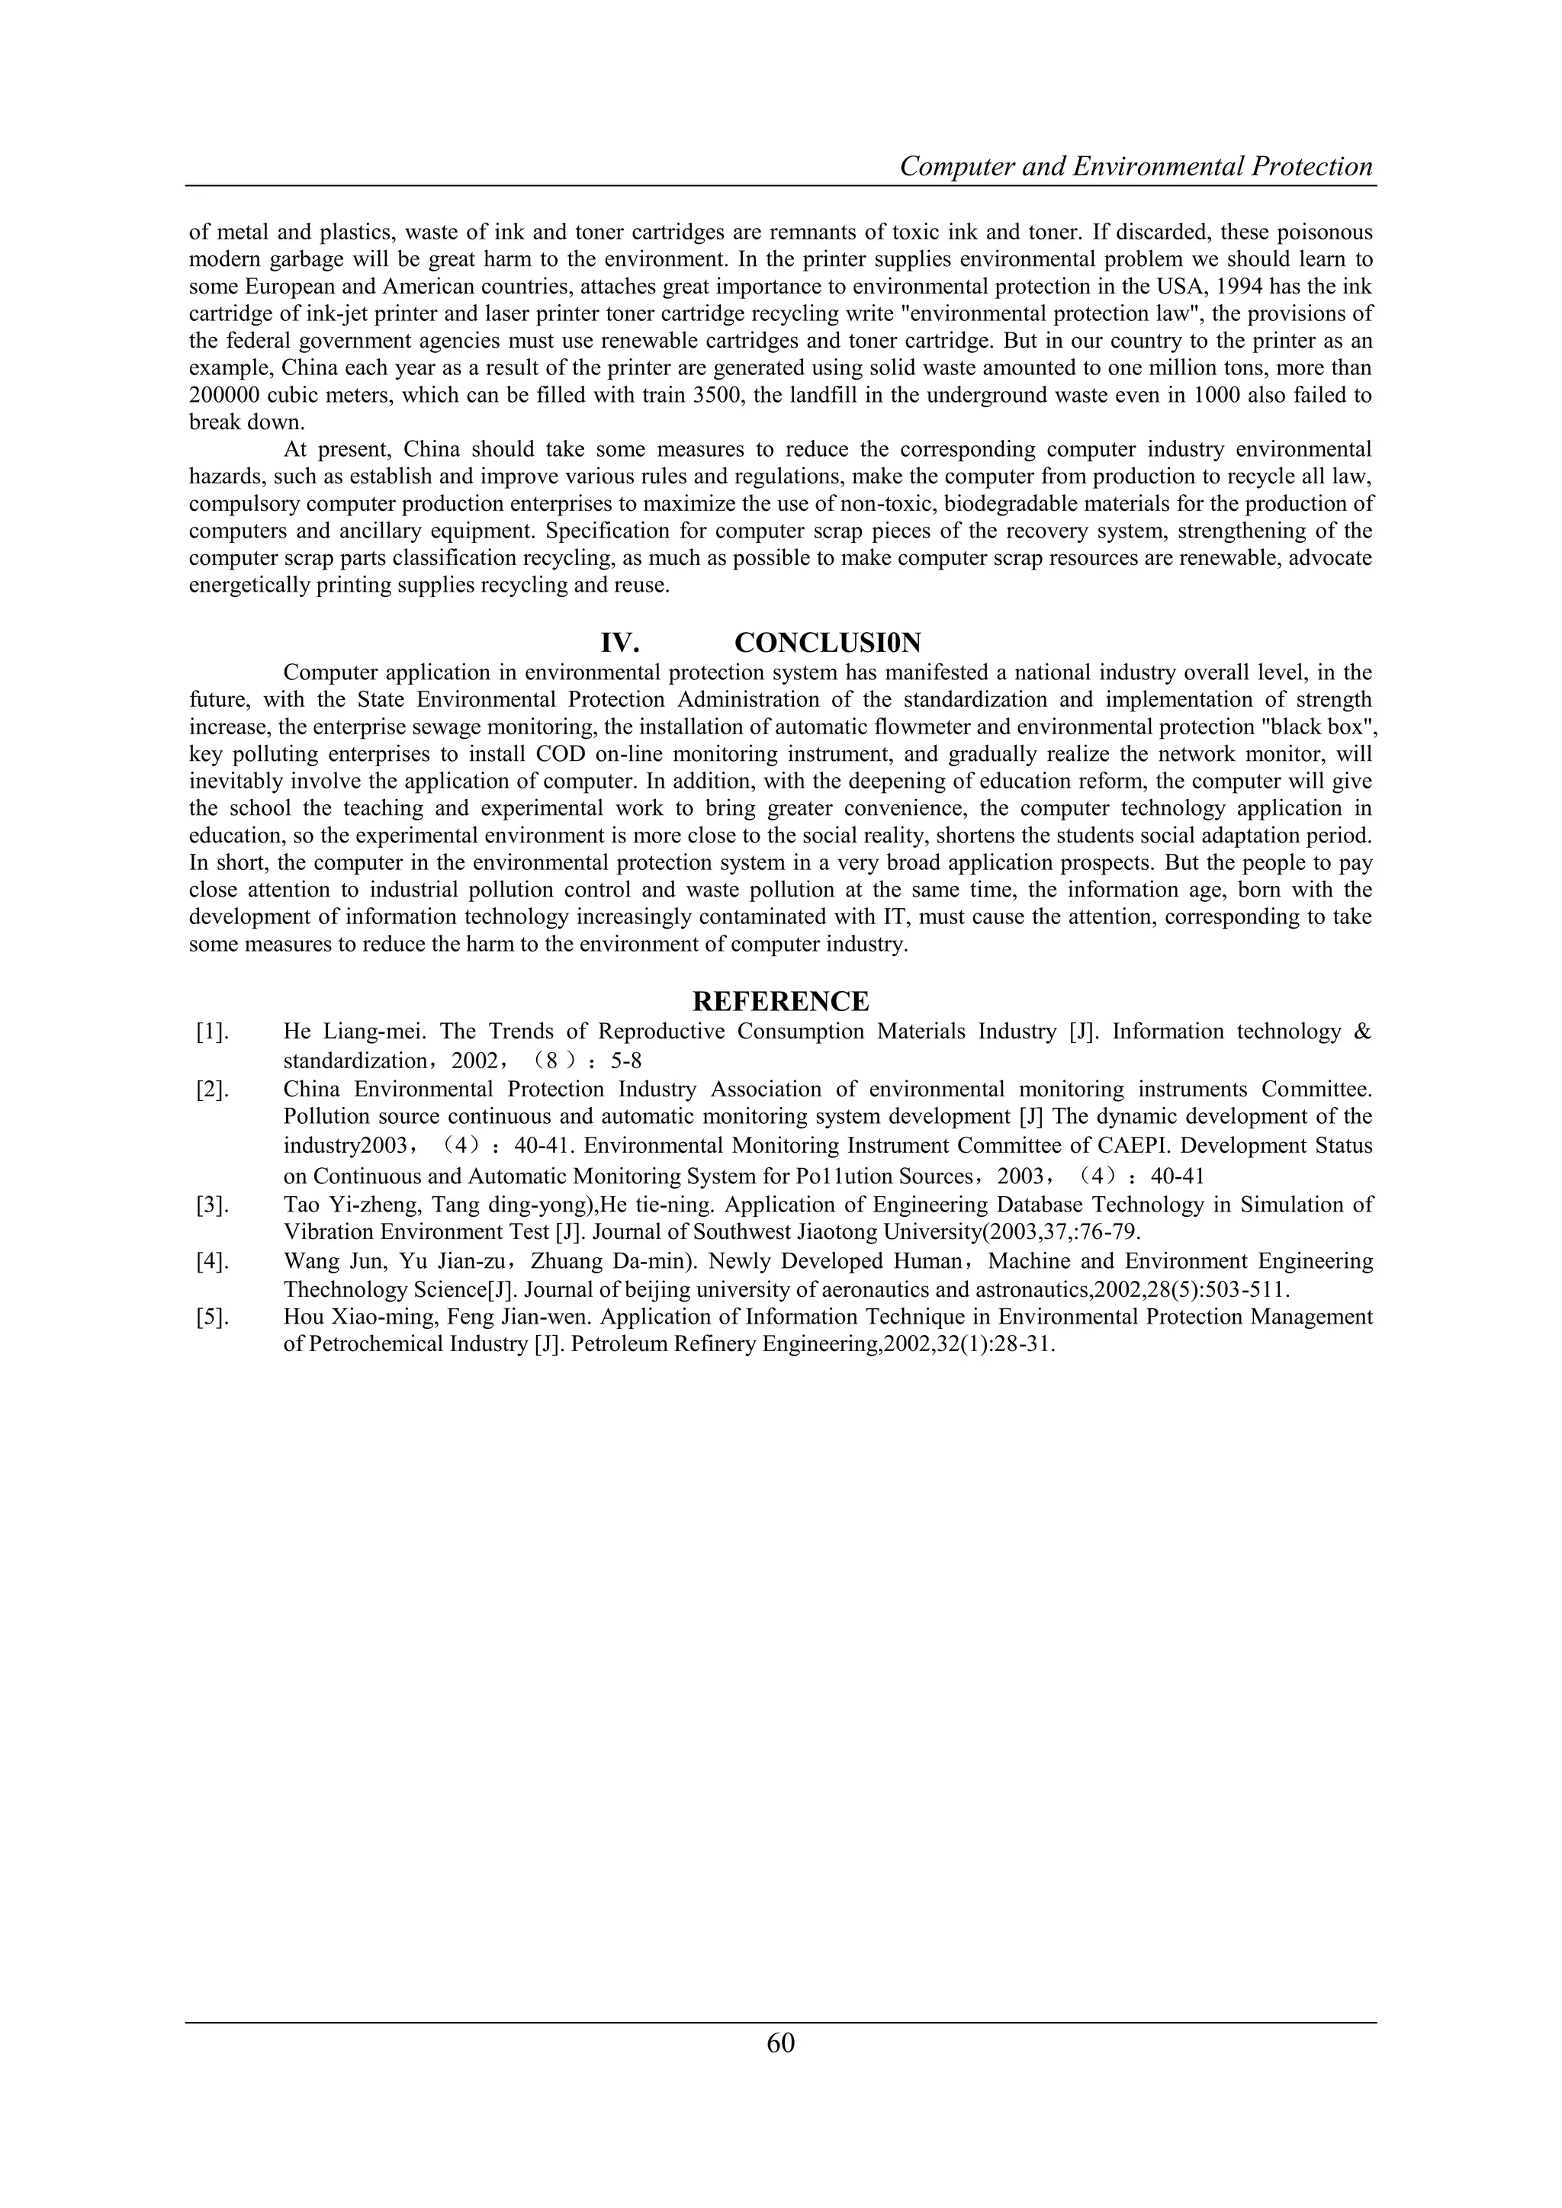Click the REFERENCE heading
pyautogui.click(x=780, y=1002)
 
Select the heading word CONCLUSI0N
pyautogui.click(x=828, y=643)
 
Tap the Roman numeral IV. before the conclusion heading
pyautogui.click(x=620, y=643)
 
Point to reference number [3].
pyautogui.click(x=213, y=1205)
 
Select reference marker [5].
pyautogui.click(x=213, y=1317)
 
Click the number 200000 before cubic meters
pyautogui.click(x=224, y=395)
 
